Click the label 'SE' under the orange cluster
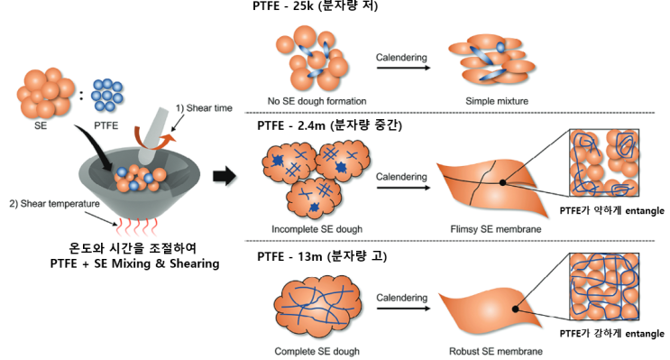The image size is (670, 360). pos(41,125)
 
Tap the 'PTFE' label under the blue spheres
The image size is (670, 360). pos(106,125)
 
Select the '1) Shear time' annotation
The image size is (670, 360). pos(204,108)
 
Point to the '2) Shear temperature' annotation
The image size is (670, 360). pos(54,204)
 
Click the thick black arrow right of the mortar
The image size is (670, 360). pos(225,175)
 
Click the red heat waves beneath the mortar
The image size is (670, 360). pos(136,226)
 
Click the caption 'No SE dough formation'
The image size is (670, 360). pos(317,101)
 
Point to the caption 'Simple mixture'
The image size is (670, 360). pos(497,101)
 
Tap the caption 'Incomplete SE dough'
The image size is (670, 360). pos(317,229)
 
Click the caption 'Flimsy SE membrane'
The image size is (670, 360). pos(496,229)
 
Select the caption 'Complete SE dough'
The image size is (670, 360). pos(317,352)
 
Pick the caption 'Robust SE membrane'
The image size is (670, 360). pos(496,352)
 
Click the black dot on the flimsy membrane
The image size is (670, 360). pos(502,182)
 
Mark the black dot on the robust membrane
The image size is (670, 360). pos(515,309)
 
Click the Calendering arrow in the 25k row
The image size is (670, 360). pos(403,68)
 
